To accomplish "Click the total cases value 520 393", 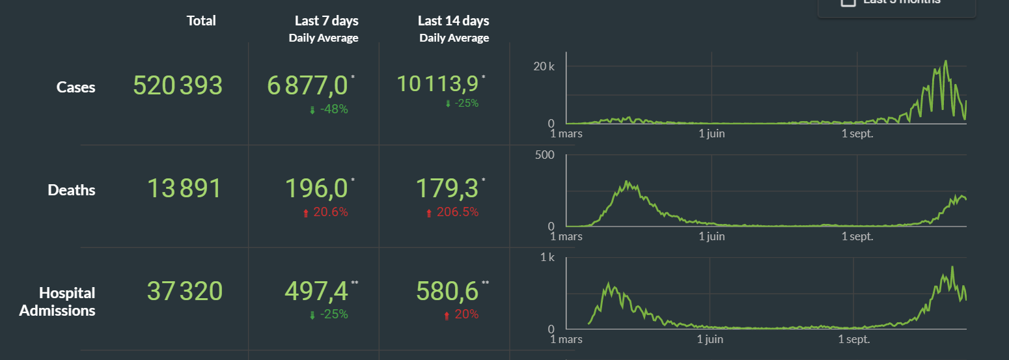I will (x=178, y=86).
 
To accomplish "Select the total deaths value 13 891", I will (x=184, y=189).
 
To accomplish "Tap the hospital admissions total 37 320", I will (x=184, y=291).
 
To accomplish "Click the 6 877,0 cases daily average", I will (x=307, y=86).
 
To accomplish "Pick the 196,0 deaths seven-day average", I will (x=316, y=189).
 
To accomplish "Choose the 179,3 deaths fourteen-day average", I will (x=447, y=189).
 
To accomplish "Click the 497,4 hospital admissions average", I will (x=316, y=291).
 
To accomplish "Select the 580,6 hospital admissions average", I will (x=447, y=291).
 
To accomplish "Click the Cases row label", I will (x=76, y=87).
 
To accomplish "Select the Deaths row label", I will (x=72, y=190).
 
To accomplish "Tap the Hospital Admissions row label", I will (x=58, y=301).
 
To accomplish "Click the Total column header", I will (x=201, y=21).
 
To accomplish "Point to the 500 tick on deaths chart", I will (x=545, y=155).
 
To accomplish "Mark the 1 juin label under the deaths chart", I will (x=712, y=236).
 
